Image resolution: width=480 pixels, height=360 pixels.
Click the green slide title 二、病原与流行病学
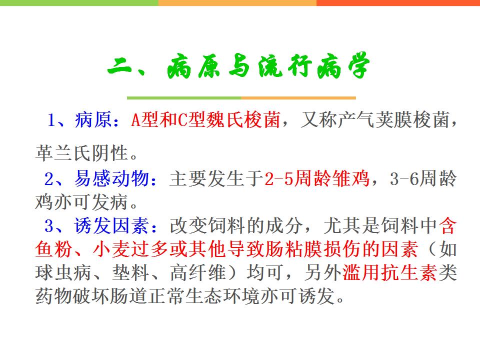point(239,65)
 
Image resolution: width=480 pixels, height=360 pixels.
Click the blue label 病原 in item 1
point(93,119)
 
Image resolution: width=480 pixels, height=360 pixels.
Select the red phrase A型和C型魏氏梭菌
point(205,119)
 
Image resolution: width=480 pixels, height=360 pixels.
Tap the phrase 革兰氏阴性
point(81,153)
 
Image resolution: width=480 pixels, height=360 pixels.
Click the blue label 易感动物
point(111,178)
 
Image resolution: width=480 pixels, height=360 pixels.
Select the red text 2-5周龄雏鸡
point(317,178)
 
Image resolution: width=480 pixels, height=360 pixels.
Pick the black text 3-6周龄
point(423,178)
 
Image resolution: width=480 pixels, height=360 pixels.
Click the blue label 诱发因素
point(111,226)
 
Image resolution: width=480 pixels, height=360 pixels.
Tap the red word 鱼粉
point(54,249)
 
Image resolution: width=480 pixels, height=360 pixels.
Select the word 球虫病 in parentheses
point(63,272)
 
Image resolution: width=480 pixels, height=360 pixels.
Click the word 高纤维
point(198,272)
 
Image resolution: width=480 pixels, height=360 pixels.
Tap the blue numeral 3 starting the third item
point(49,226)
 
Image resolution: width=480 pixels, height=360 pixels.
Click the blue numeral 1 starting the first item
point(51,119)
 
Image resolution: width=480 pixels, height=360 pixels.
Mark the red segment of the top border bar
point(398,3)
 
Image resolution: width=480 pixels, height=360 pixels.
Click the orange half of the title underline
point(298,98)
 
